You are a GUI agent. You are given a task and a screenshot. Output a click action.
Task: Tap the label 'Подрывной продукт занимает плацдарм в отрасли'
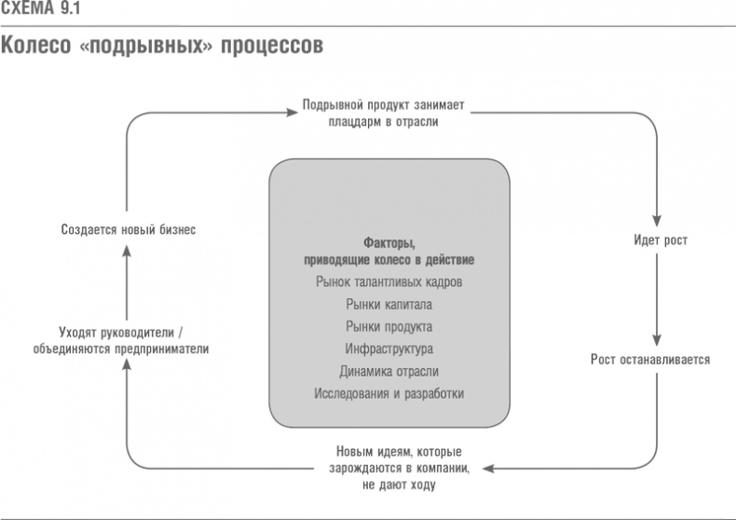click(388, 114)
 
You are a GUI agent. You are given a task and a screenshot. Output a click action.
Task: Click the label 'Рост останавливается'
click(650, 359)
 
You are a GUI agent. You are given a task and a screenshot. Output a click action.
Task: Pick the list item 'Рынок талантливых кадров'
click(388, 281)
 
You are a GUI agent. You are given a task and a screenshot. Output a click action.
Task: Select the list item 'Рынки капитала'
click(388, 304)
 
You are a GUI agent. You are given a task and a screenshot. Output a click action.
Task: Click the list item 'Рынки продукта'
click(388, 326)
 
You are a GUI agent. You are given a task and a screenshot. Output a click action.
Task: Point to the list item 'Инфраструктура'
click(388, 349)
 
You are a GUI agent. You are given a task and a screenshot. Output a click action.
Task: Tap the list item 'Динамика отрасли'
click(388, 371)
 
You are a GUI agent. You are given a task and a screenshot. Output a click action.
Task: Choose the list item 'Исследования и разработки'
click(388, 393)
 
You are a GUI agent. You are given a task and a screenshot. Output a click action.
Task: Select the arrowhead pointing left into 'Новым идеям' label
click(492, 468)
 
